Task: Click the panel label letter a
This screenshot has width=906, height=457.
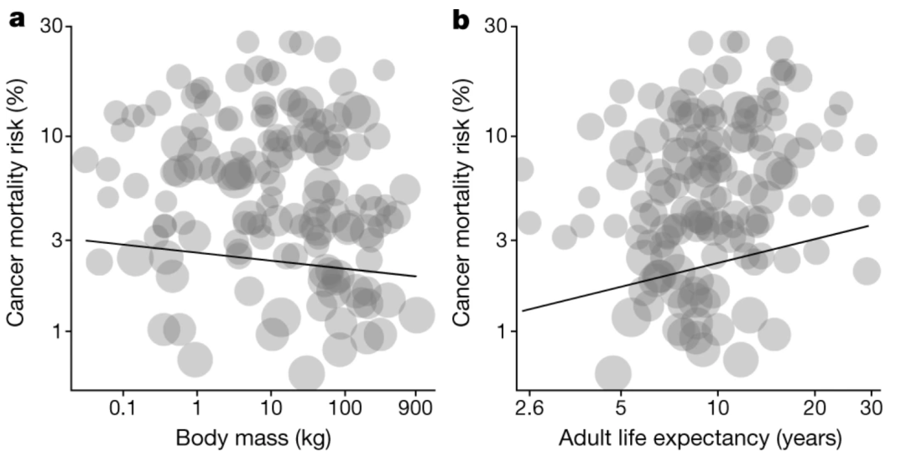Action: [x=17, y=18]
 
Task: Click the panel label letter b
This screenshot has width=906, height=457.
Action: [x=461, y=18]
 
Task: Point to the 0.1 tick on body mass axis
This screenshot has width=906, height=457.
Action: [x=123, y=408]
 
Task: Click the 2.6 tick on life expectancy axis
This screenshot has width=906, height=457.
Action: [x=529, y=408]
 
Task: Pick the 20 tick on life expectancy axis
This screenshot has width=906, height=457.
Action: [x=814, y=408]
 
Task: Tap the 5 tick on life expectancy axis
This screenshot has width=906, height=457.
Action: [x=620, y=408]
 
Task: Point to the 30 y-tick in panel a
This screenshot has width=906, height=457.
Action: [x=52, y=27]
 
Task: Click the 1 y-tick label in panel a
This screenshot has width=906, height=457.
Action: [x=57, y=331]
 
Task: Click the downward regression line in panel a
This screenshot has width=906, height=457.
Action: [x=252, y=258]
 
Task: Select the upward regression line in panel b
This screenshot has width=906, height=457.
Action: [x=696, y=268]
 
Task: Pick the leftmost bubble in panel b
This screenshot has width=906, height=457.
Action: [x=523, y=170]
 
